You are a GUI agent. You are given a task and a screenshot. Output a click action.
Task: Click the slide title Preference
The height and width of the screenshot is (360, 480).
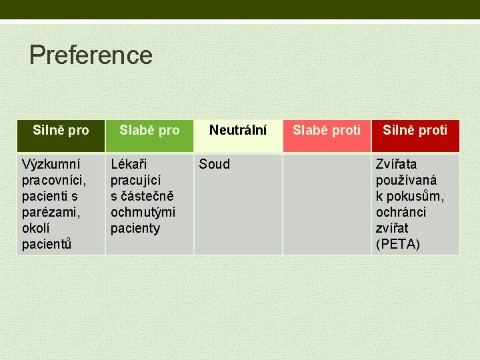pyautogui.click(x=91, y=55)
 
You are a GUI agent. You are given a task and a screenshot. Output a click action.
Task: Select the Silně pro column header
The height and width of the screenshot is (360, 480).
pyautogui.click(x=61, y=130)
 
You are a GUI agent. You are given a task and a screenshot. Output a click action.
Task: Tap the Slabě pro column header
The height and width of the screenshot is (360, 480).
pyautogui.click(x=149, y=130)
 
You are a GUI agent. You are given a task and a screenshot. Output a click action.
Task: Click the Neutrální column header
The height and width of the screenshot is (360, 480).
pyautogui.click(x=238, y=130)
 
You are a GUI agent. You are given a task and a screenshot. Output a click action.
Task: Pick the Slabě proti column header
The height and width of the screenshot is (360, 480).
pyautogui.click(x=327, y=130)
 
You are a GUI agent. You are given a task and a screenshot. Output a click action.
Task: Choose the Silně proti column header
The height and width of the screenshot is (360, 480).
pyautogui.click(x=415, y=130)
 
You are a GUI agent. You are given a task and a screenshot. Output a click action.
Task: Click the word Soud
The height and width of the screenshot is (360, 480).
pyautogui.click(x=215, y=164)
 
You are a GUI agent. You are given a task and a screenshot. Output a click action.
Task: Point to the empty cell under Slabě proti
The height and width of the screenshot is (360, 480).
pyautogui.click(x=327, y=203)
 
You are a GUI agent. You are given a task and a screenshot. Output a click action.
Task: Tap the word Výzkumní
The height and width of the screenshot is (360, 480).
pyautogui.click(x=51, y=164)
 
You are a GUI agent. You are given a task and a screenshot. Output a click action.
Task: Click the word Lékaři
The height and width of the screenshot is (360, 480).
pyautogui.click(x=129, y=164)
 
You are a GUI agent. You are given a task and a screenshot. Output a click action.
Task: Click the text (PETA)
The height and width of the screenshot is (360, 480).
pyautogui.click(x=398, y=244)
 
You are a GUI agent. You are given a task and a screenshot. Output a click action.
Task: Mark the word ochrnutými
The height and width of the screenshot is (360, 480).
pyautogui.click(x=143, y=212)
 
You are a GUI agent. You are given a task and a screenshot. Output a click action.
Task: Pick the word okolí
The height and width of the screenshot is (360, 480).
pyautogui.click(x=34, y=228)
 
